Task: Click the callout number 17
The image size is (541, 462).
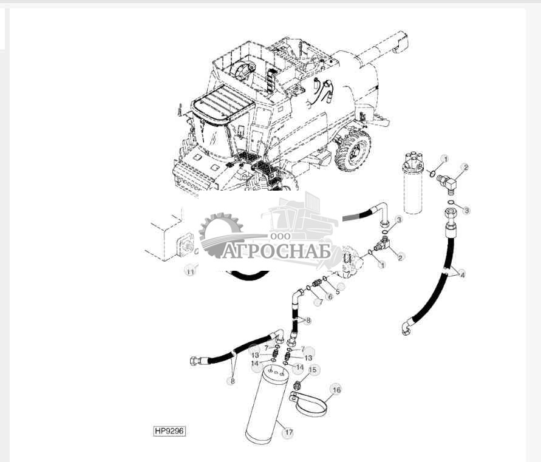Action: pos(288,433)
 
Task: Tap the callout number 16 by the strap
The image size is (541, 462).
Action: pos(336,390)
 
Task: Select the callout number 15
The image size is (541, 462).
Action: pos(313,370)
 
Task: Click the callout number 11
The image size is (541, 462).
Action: pos(191,271)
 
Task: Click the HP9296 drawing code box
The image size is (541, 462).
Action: pos(169,431)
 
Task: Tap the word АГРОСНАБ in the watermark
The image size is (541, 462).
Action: pos(276,251)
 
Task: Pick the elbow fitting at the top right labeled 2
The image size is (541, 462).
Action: pos(450,181)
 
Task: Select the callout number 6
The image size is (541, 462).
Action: pos(330,296)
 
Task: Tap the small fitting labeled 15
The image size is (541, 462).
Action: pos(298,386)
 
